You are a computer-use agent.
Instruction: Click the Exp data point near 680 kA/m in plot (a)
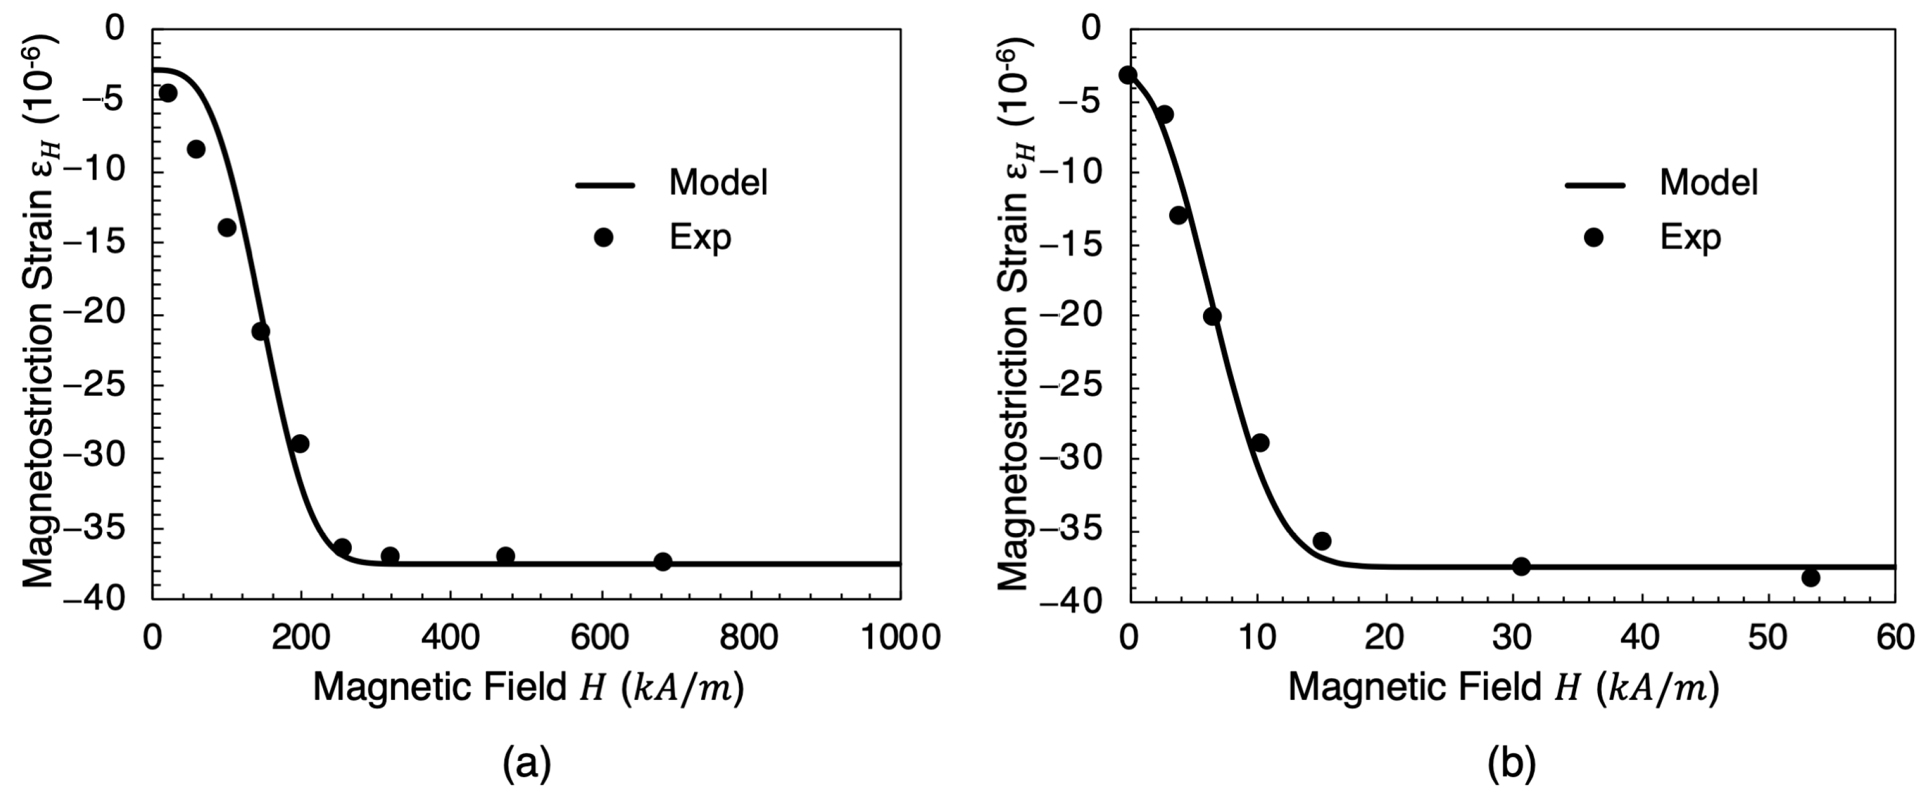click(x=663, y=561)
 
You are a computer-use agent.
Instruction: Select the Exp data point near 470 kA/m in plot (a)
click(x=505, y=556)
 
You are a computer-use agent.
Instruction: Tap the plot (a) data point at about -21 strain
click(x=260, y=331)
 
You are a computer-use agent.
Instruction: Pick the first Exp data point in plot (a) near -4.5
click(x=168, y=93)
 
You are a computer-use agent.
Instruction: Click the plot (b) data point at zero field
click(x=1128, y=75)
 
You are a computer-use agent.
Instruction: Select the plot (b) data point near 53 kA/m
click(x=1810, y=577)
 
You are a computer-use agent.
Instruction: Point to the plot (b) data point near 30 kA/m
click(x=1521, y=566)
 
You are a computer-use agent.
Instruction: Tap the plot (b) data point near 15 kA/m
click(x=1322, y=541)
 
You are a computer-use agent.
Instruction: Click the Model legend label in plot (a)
click(x=718, y=183)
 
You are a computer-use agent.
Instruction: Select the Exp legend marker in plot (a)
click(x=603, y=238)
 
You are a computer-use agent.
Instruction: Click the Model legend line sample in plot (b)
click(x=1594, y=184)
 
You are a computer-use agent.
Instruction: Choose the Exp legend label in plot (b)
click(x=1690, y=238)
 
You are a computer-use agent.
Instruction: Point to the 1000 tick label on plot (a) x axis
click(x=900, y=638)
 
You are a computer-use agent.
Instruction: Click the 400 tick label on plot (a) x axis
click(x=450, y=638)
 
